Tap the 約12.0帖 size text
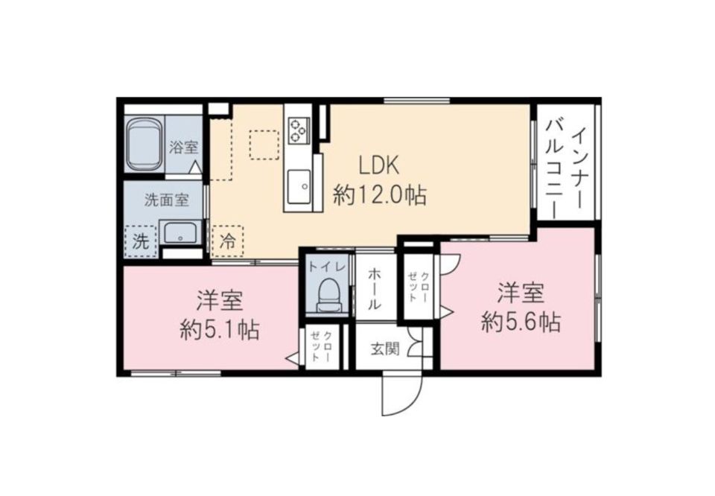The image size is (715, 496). pos(380,195)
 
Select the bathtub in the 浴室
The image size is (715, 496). pos(144,146)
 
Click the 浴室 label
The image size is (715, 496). pos(183,147)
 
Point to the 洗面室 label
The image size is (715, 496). pos(165,200)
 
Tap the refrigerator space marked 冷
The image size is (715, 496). pos(228,241)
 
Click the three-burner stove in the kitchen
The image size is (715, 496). pos(299,130)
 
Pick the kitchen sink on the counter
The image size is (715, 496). pos(301,183)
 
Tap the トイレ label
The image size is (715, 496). pos(326,266)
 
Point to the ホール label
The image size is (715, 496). pos(374,290)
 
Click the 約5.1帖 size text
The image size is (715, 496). pos(220,329)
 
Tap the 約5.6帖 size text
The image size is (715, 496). pos(521,322)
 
